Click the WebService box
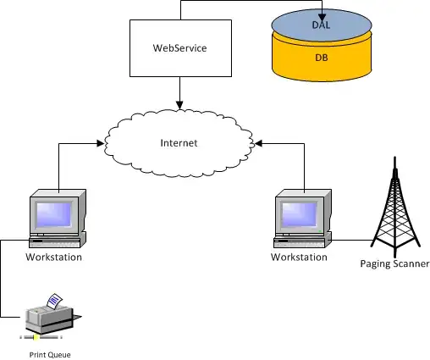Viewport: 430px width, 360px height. point(179,48)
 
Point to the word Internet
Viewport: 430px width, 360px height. point(179,143)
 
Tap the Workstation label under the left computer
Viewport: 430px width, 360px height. point(54,257)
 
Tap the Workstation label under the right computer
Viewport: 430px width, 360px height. point(300,256)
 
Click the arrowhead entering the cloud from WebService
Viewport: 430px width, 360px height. point(179,103)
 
